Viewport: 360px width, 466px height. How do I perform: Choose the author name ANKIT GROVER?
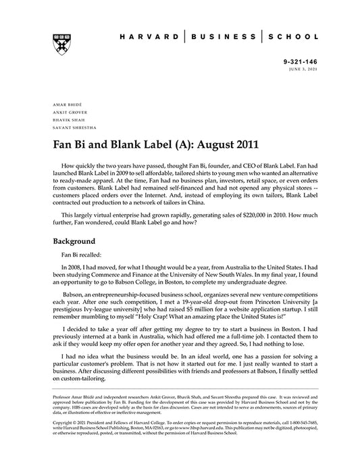pos(67,113)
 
